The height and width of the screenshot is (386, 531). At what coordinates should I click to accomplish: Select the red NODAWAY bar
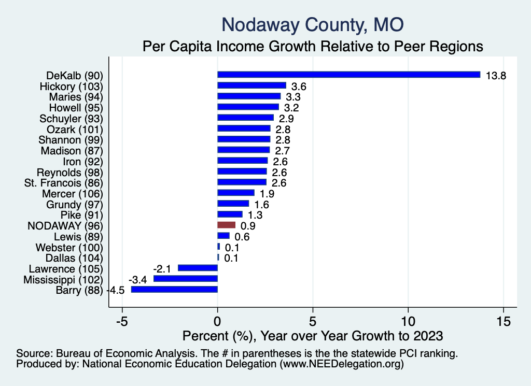tap(226, 225)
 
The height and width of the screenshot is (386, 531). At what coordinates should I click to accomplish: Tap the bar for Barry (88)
tap(174, 290)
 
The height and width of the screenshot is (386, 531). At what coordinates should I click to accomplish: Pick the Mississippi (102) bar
tap(185, 279)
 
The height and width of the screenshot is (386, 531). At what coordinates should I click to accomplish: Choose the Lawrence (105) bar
tap(198, 268)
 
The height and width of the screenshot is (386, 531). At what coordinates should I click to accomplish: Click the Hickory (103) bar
tap(251, 85)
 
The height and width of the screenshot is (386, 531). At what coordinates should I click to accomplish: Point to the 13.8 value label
tap(495, 76)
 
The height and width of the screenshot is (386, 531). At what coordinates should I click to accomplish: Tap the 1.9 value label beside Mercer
tap(267, 194)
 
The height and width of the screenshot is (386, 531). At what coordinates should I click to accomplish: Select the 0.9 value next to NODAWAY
tap(248, 226)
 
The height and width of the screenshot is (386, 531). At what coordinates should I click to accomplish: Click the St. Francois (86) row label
tap(64, 183)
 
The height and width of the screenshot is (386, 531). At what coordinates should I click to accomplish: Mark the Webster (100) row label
tap(69, 247)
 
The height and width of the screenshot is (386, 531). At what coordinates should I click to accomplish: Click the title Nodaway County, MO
tap(313, 24)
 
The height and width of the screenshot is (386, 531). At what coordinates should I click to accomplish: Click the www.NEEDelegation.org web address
tap(342, 364)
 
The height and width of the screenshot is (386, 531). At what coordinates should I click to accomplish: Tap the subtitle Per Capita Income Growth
tap(313, 47)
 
